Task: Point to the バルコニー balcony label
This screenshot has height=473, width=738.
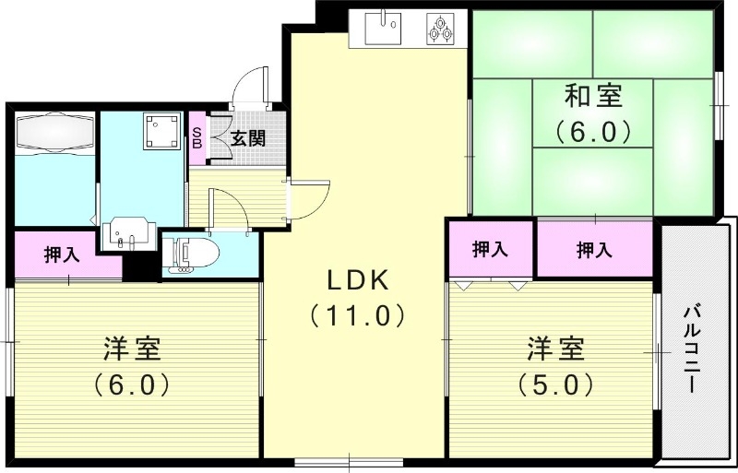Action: coord(692,350)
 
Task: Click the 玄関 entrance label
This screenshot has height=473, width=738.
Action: coord(248,139)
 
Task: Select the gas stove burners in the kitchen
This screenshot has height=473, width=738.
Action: coord(442,29)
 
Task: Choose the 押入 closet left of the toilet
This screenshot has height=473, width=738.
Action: coord(62,255)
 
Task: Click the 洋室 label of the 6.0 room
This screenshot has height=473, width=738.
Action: coord(131,350)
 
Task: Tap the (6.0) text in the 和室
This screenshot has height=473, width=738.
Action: coord(593,131)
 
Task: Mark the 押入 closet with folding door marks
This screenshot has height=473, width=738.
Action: coord(491,249)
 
